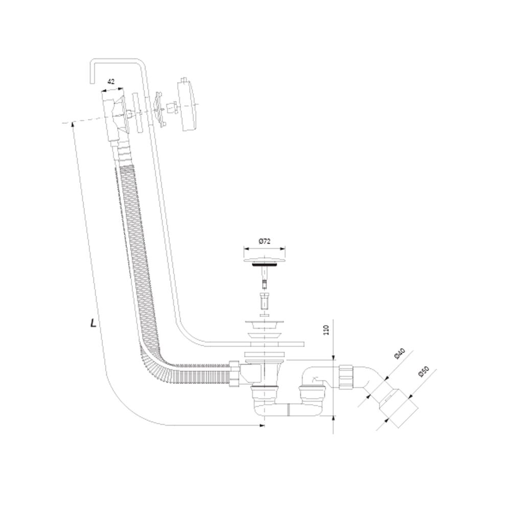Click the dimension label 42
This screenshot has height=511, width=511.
111,81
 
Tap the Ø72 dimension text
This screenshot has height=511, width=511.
265,242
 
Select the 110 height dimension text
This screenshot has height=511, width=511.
327,330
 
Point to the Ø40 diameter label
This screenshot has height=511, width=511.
400,354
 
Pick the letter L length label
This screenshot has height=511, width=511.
93,323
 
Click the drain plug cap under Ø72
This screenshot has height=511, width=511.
265,261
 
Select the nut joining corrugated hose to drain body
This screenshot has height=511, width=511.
234,374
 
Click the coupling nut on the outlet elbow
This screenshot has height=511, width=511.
346,377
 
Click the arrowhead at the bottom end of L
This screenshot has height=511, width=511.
262,425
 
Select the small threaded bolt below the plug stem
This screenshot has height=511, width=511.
265,302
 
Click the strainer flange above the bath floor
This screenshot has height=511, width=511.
265,324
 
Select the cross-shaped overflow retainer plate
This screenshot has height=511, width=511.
158,109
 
